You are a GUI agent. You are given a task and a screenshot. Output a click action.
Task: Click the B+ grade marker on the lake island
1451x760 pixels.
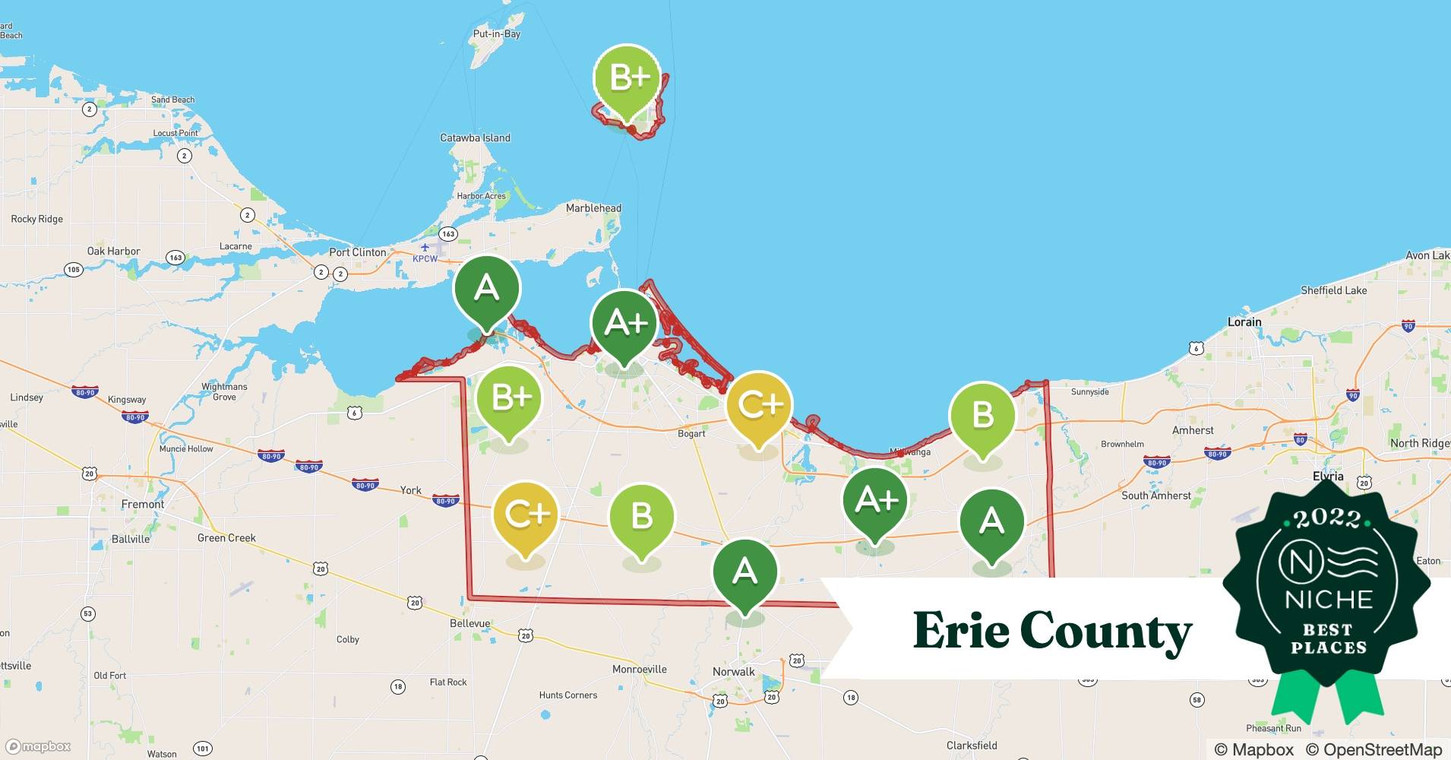pyautogui.click(x=628, y=78)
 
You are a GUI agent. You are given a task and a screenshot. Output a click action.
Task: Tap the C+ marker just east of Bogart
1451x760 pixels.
pyautogui.click(x=759, y=406)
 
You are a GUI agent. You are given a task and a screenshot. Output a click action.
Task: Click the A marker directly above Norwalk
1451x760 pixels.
pyautogui.click(x=744, y=572)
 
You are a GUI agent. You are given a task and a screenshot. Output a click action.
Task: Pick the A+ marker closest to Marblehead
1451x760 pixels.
pyautogui.click(x=624, y=324)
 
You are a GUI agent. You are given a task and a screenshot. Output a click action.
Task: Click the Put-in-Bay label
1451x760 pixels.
pyautogui.click(x=497, y=34)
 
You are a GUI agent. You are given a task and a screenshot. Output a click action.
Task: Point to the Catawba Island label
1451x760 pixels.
pyautogui.click(x=476, y=138)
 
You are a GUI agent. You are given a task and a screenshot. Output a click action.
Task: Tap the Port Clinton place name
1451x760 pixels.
pyautogui.click(x=358, y=252)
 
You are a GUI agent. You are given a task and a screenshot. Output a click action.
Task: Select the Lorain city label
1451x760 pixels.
pyautogui.click(x=1244, y=322)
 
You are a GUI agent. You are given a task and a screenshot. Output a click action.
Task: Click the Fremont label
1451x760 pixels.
pyautogui.click(x=143, y=505)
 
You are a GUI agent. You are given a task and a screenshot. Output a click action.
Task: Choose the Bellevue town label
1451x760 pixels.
pyautogui.click(x=470, y=624)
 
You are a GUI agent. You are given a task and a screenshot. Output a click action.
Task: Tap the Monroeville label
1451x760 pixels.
pyautogui.click(x=640, y=670)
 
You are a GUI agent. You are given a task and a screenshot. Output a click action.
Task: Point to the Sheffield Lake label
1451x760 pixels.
pyautogui.click(x=1333, y=290)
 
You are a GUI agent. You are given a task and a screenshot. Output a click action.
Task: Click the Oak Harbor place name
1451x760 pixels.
pyautogui.click(x=114, y=252)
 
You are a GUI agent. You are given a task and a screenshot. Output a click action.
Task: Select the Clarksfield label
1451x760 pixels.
pyautogui.click(x=972, y=746)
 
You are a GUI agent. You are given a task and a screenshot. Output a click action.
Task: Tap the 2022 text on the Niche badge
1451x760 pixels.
pyautogui.click(x=1328, y=518)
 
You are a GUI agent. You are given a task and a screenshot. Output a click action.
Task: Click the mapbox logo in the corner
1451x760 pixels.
pyautogui.click(x=39, y=746)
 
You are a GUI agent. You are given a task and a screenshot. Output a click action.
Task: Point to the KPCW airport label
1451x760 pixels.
pyautogui.click(x=425, y=259)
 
